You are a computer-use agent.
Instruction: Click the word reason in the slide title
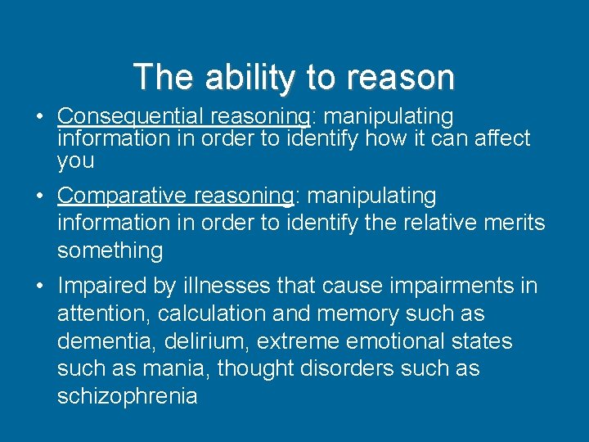coord(401,77)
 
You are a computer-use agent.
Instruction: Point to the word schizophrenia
coord(127,397)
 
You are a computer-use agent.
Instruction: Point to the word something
coord(110,251)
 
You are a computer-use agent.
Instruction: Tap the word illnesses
coord(218,286)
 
